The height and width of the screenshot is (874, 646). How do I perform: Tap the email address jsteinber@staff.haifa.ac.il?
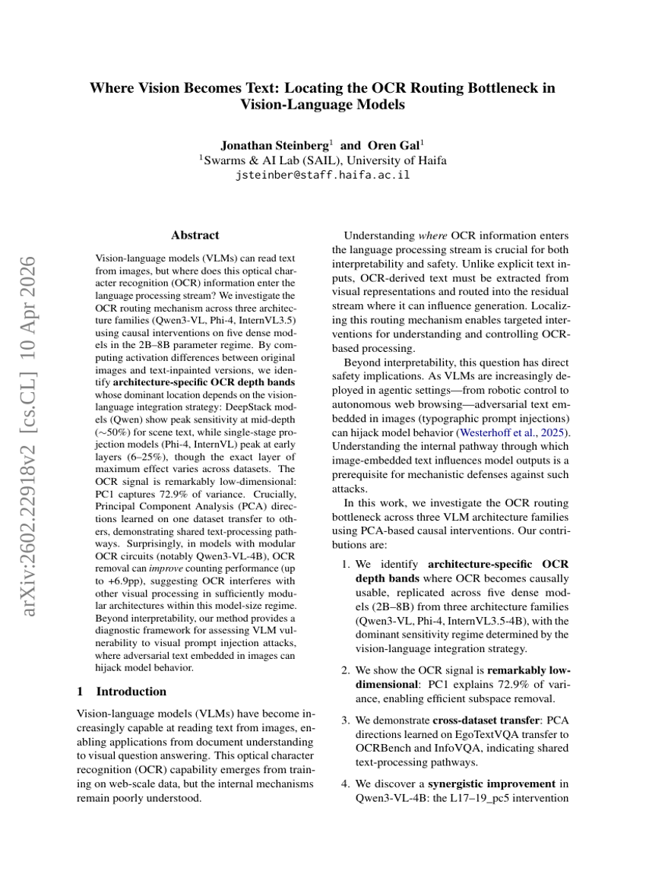(x=323, y=175)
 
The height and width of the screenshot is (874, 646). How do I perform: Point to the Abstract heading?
(x=195, y=236)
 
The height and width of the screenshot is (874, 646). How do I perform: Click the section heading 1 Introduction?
(x=122, y=691)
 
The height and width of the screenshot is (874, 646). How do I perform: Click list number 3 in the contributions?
(x=344, y=720)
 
